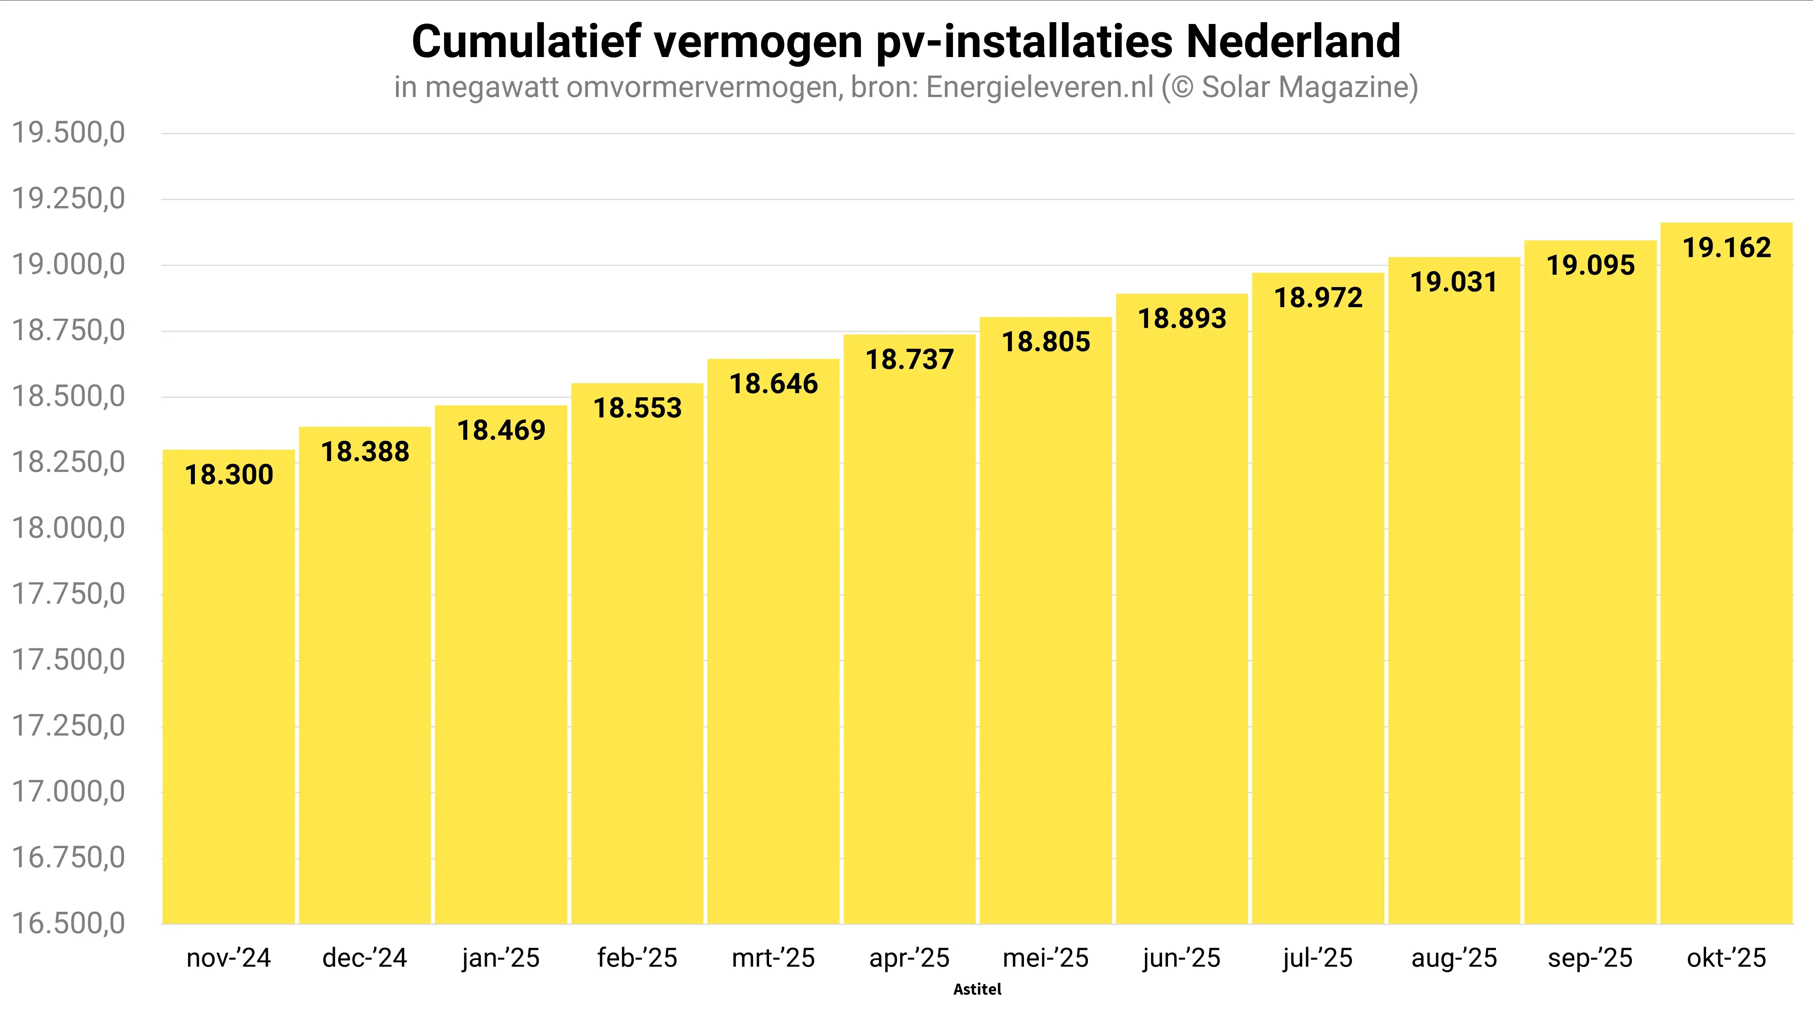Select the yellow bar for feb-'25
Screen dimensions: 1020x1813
(x=637, y=668)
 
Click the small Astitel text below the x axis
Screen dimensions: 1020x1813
(x=977, y=989)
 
